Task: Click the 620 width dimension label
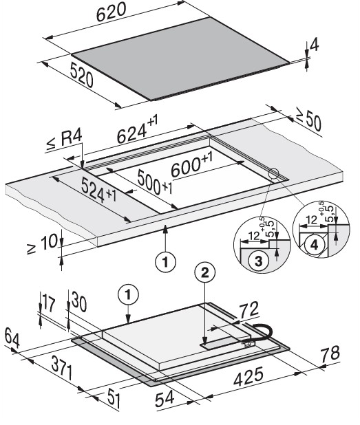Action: (x=112, y=12)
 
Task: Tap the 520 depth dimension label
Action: (x=81, y=74)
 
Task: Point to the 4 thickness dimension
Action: (x=314, y=45)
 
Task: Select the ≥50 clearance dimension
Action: (x=309, y=122)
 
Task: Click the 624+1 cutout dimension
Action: (x=137, y=129)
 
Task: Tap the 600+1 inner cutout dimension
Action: (x=191, y=165)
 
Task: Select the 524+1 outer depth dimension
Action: (x=99, y=190)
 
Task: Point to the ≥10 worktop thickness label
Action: (x=43, y=243)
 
